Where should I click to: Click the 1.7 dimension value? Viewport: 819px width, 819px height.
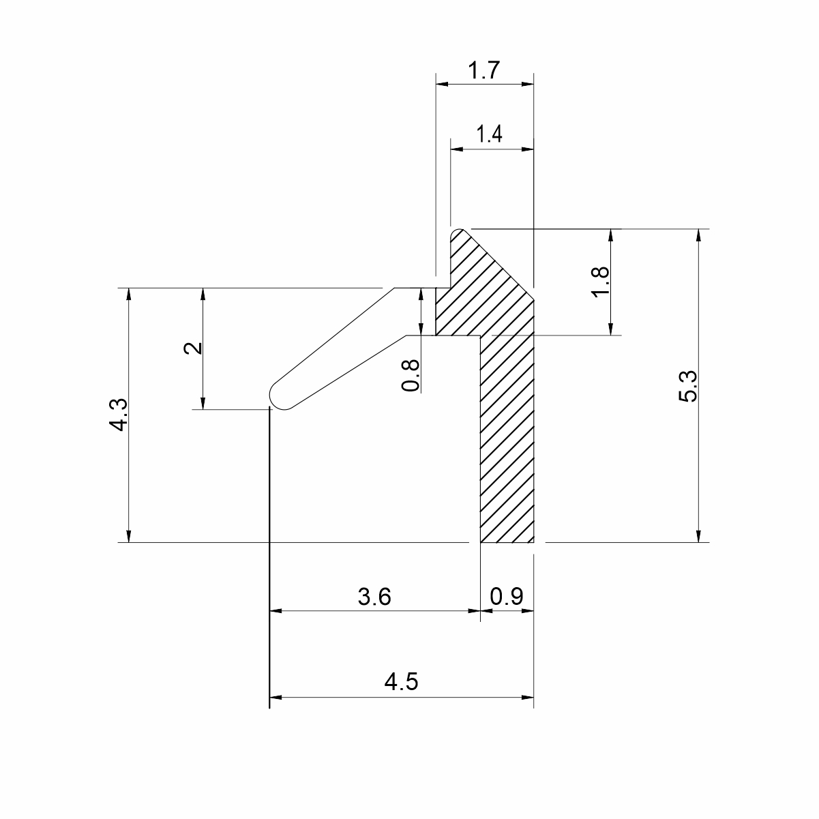(484, 70)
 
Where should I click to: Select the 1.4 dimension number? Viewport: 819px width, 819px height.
(489, 134)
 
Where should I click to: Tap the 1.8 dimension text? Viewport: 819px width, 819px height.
(601, 282)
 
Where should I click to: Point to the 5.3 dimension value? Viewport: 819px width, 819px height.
(687, 386)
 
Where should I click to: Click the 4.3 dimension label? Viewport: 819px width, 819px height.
(118, 415)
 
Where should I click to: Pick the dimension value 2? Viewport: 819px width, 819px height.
(193, 348)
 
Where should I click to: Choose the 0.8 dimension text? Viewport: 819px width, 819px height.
(410, 375)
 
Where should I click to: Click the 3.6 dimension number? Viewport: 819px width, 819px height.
(374, 597)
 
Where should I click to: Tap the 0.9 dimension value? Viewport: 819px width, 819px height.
(506, 597)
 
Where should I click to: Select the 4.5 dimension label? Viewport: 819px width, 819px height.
(401, 682)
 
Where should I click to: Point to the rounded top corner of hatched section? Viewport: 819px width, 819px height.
(457, 234)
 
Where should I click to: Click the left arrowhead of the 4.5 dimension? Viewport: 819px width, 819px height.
(276, 698)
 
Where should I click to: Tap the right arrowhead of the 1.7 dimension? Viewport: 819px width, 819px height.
(527, 84)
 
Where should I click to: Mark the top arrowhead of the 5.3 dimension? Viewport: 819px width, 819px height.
(698, 235)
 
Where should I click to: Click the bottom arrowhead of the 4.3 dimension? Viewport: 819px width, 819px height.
(129, 537)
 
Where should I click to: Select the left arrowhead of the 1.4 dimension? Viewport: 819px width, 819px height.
(456, 149)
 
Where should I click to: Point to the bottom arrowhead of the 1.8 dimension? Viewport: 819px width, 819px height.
(611, 329)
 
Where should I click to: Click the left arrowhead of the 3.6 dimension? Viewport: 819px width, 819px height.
(276, 611)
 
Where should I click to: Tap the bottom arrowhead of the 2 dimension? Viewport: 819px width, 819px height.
(203, 403)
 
